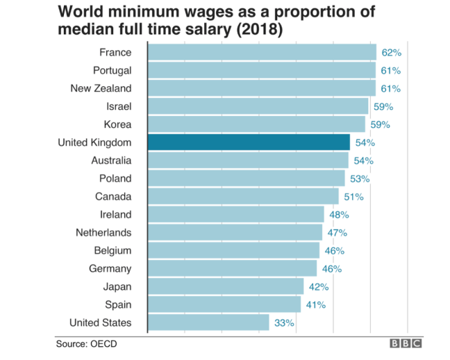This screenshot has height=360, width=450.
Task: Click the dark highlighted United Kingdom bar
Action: coord(249,142)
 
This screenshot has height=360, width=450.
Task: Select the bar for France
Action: coord(262,52)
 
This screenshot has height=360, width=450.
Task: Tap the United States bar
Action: coord(208,322)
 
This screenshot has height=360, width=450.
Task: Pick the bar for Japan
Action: coord(226,286)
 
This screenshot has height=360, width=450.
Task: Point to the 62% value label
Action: coord(391,52)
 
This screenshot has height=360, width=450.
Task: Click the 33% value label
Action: coord(284,322)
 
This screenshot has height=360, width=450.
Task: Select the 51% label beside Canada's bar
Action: coord(353,197)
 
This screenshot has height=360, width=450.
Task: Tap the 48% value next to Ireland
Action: coord(339,215)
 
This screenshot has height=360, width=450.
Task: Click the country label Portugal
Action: coord(112,70)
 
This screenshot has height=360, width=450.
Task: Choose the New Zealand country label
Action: coord(101,88)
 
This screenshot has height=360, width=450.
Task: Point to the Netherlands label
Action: coord(103,232)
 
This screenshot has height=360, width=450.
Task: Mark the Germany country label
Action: coord(110,268)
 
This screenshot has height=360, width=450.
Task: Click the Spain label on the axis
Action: coord(117,304)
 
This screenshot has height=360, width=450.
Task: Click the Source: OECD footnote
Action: coord(86,343)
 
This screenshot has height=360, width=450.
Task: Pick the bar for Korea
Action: coord(256,124)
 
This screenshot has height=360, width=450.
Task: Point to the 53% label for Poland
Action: coord(360,179)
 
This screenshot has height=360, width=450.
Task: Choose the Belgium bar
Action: coord(233,250)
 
